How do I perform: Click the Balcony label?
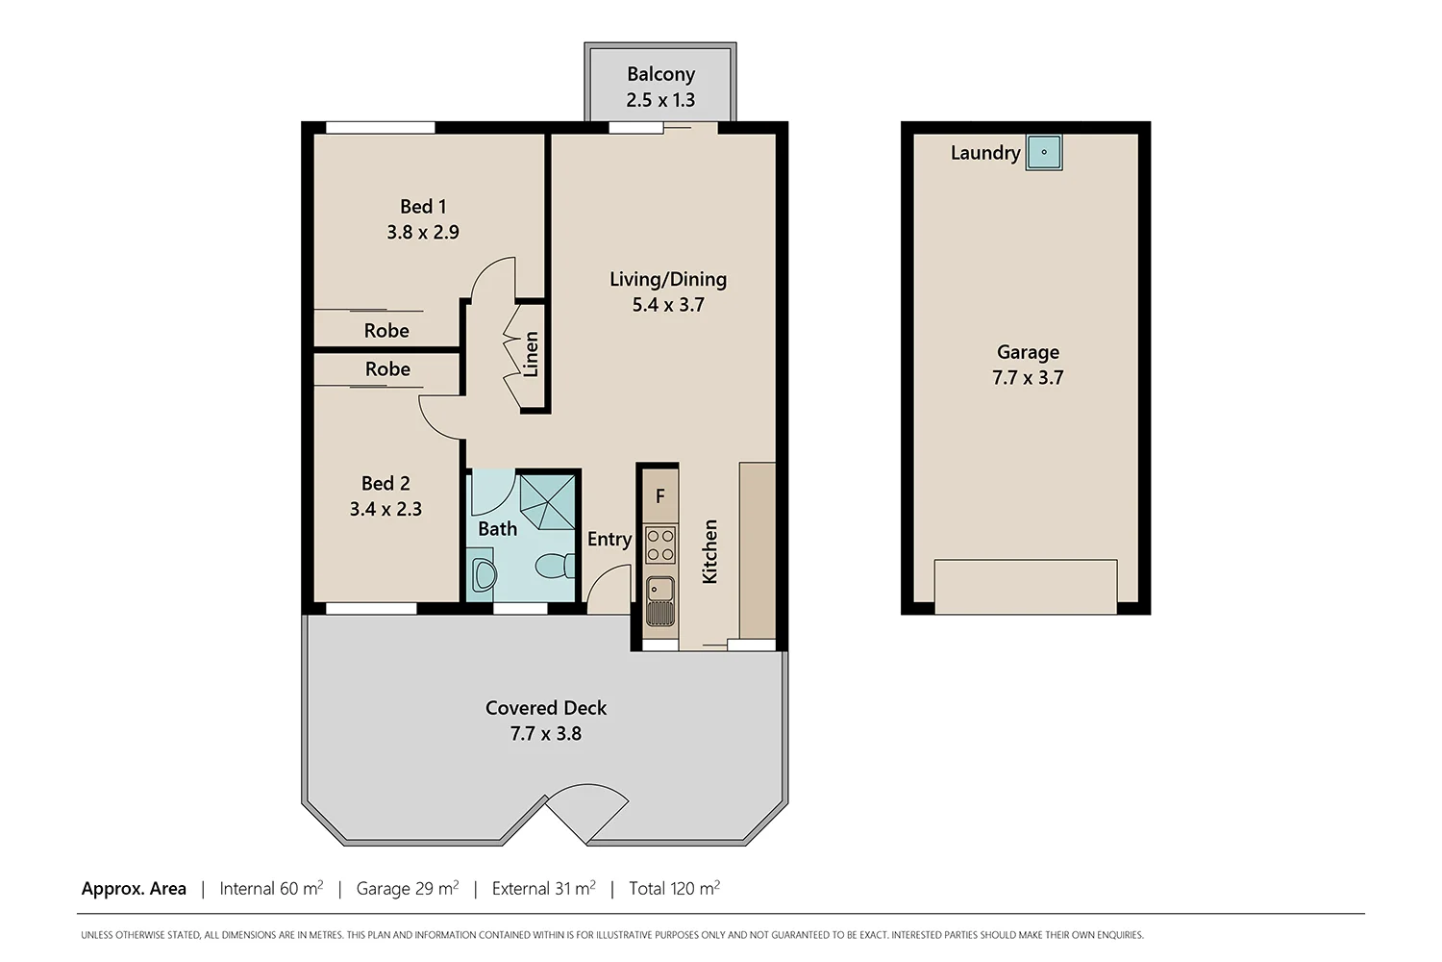tap(660, 74)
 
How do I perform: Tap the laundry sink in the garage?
tap(1044, 152)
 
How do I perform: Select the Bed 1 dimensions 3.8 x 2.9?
tap(423, 232)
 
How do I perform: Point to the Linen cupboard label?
tap(531, 354)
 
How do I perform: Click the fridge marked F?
tap(659, 496)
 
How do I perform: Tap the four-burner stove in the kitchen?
tap(659, 544)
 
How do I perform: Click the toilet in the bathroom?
tap(556, 566)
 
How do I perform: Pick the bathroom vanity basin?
tap(484, 573)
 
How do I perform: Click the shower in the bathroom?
tap(547, 500)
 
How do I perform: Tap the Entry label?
tap(609, 540)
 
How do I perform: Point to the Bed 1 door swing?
tap(496, 279)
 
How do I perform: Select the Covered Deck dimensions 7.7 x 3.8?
tap(546, 733)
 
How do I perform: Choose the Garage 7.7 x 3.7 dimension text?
tap(1028, 378)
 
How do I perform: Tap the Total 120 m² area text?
tap(674, 889)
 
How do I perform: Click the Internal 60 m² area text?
tap(271, 889)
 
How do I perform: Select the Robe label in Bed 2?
tap(387, 369)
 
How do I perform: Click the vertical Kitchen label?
tap(710, 551)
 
